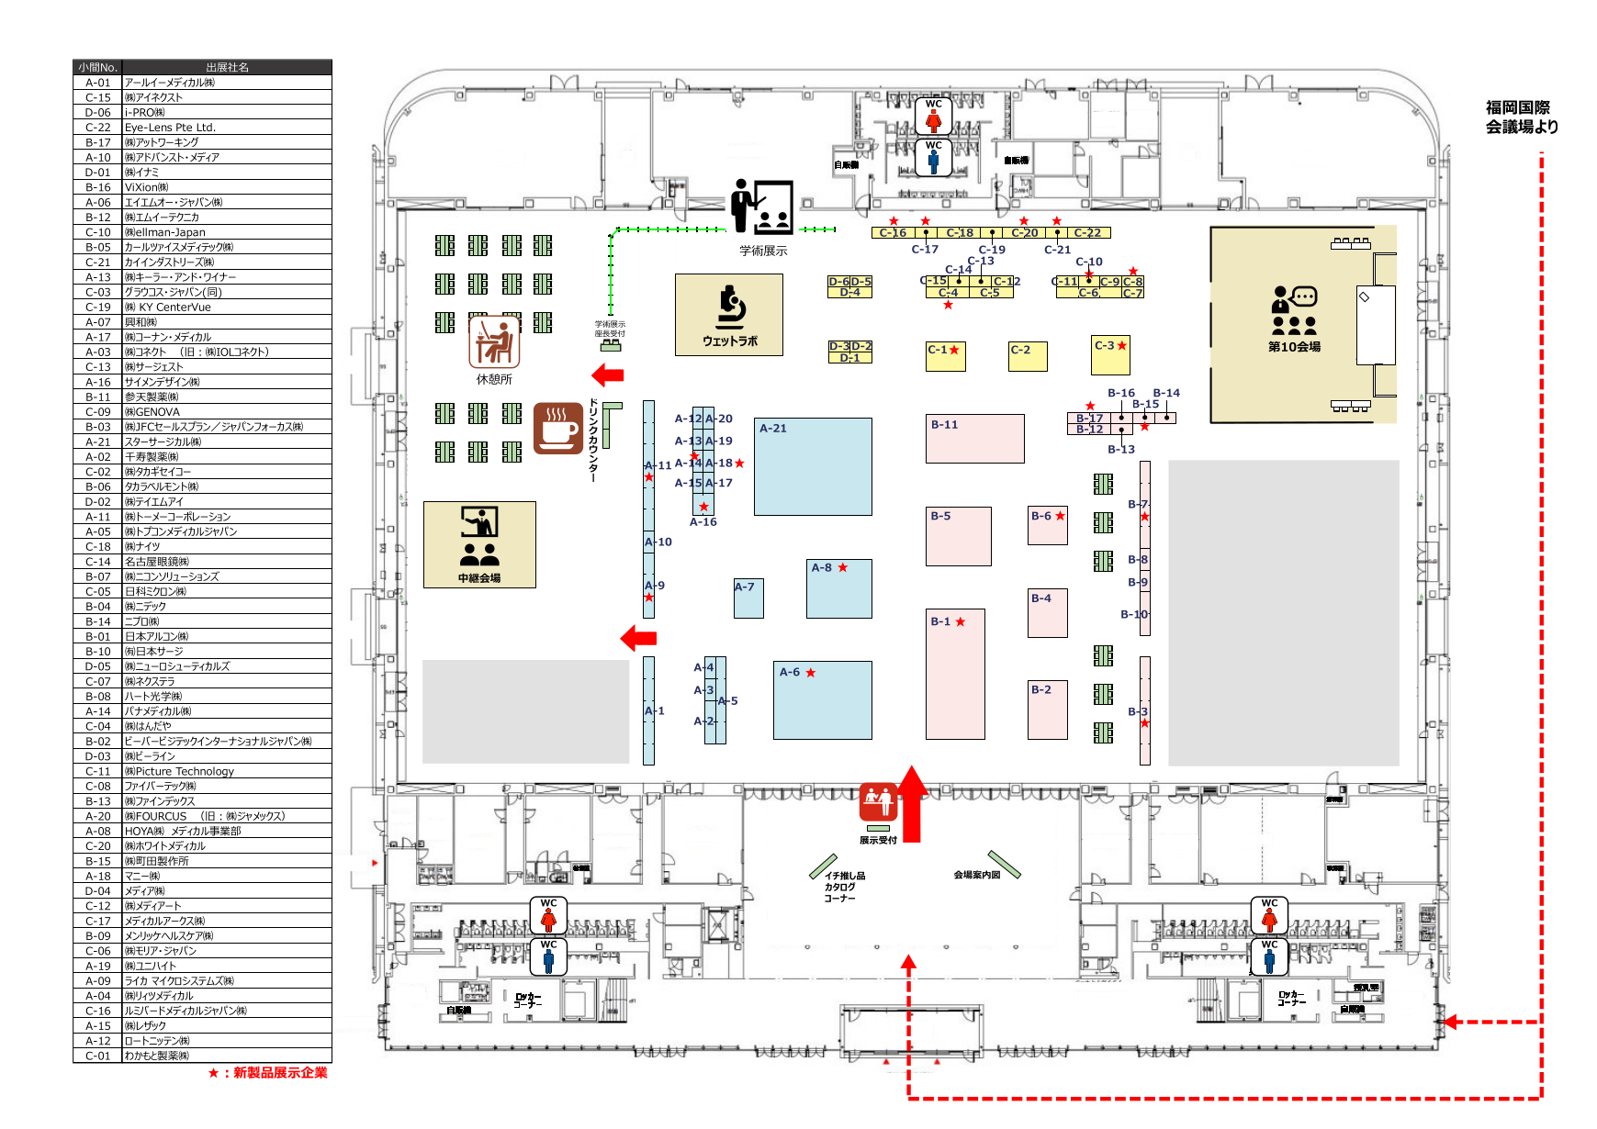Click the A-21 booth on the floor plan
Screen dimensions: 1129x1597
(812, 466)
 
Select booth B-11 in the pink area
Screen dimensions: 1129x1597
(974, 438)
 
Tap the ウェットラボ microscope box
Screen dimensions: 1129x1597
(729, 315)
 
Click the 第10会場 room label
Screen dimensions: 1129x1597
(1294, 347)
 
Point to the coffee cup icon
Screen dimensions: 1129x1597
(557, 428)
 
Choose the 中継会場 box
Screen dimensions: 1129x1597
(479, 544)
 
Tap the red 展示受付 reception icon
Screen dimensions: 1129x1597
(878, 803)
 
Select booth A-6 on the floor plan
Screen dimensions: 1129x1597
(822, 699)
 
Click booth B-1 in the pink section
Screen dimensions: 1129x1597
(955, 674)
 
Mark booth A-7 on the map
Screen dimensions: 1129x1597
(748, 598)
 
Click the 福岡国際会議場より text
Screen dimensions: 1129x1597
(1522, 117)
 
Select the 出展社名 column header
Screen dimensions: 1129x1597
(227, 67)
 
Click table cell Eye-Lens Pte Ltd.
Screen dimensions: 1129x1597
(171, 128)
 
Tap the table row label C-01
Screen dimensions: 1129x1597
(97, 1056)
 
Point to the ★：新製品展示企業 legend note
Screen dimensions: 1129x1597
(267, 1072)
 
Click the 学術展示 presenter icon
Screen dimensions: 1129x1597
(761, 207)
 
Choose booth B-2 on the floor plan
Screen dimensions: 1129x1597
(1047, 709)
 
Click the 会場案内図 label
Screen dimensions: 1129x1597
(976, 875)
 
